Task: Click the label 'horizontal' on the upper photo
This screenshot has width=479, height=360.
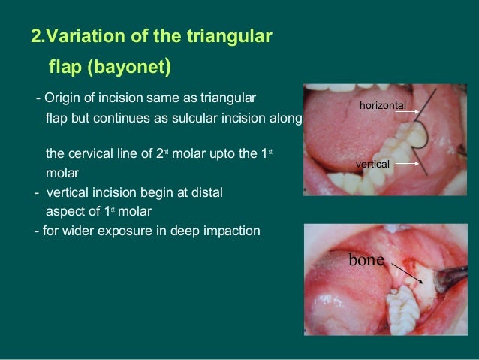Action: point(382,106)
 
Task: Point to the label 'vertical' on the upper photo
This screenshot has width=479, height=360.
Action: point(372,163)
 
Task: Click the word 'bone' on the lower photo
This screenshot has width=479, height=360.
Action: point(366,260)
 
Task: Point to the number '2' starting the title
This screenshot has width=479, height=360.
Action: point(35,35)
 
